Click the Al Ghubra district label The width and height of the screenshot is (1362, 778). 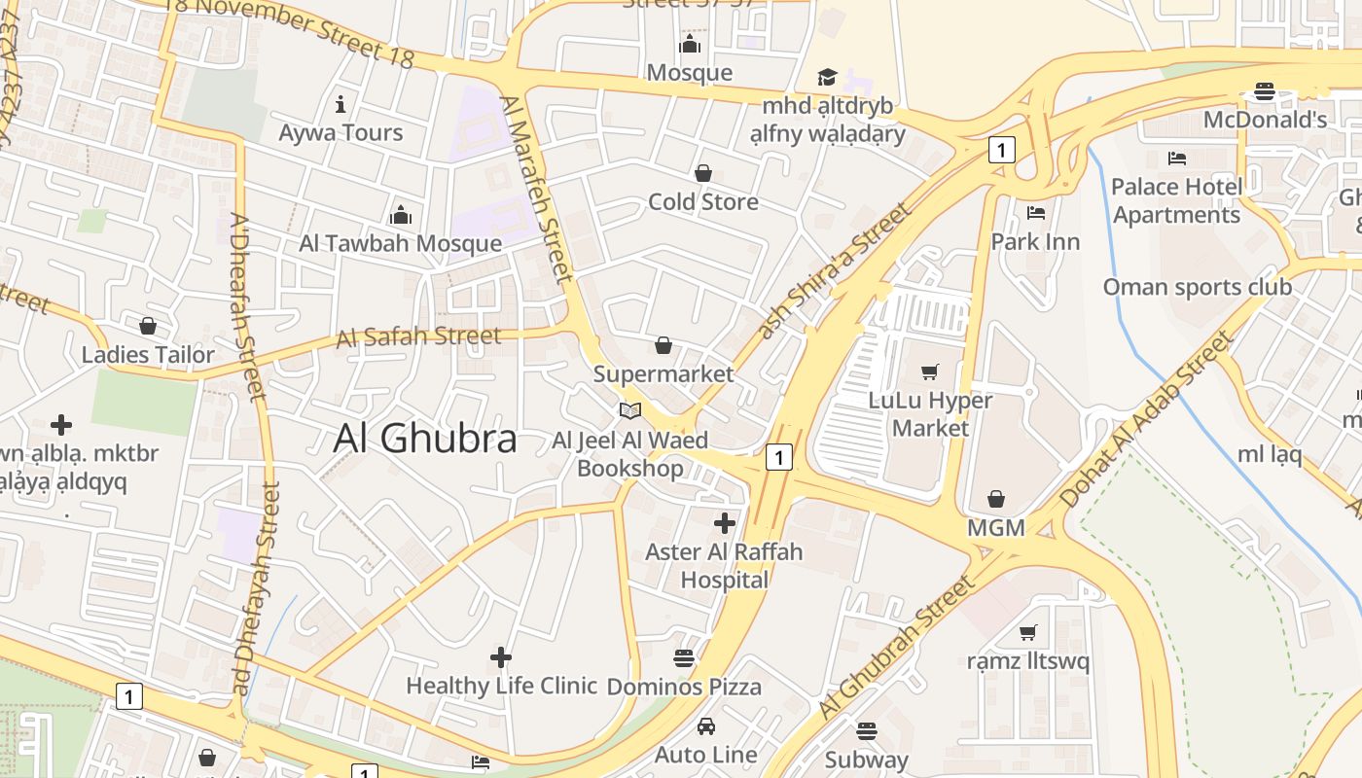pyautogui.click(x=425, y=439)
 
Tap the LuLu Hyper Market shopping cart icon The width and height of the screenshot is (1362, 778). pyautogui.click(x=930, y=371)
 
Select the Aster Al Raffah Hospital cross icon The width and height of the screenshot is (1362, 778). pyautogui.click(x=725, y=523)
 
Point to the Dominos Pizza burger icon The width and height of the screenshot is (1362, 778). pyautogui.click(x=684, y=658)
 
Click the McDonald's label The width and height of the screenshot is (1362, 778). pyautogui.click(x=1265, y=120)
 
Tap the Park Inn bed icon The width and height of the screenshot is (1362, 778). pyautogui.click(x=1036, y=212)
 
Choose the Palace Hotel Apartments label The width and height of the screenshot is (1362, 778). pyautogui.click(x=1177, y=200)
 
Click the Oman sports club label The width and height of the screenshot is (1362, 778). pyautogui.click(x=1197, y=287)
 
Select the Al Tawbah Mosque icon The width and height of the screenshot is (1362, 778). pyautogui.click(x=400, y=215)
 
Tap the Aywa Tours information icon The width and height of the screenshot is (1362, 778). pyautogui.click(x=340, y=104)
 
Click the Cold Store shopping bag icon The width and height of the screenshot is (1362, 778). pyautogui.click(x=703, y=173)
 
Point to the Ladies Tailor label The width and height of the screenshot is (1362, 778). pyautogui.click(x=148, y=355)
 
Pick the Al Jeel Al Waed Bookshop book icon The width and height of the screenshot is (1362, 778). pyautogui.click(x=630, y=411)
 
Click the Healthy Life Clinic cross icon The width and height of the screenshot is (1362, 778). pyautogui.click(x=501, y=658)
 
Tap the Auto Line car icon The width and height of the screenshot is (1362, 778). pyautogui.click(x=706, y=726)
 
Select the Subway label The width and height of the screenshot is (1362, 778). pyautogui.click(x=866, y=760)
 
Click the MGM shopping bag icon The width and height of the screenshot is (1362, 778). pyautogui.click(x=996, y=500)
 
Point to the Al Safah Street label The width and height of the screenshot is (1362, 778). pyautogui.click(x=418, y=337)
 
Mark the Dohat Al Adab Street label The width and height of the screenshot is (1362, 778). pyautogui.click(x=1146, y=419)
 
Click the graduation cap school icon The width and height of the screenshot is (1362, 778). pyautogui.click(x=827, y=77)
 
